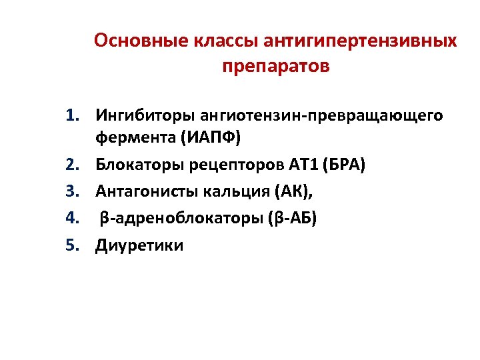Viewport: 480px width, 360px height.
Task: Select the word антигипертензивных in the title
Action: click(x=362, y=41)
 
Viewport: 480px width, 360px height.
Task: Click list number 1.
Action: click(x=73, y=116)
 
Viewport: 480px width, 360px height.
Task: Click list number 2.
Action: click(x=73, y=165)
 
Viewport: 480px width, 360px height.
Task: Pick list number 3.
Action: click(x=73, y=192)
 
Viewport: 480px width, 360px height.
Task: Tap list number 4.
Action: click(x=73, y=219)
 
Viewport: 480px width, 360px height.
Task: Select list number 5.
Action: click(x=73, y=245)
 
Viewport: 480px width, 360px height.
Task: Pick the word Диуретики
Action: click(x=139, y=245)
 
